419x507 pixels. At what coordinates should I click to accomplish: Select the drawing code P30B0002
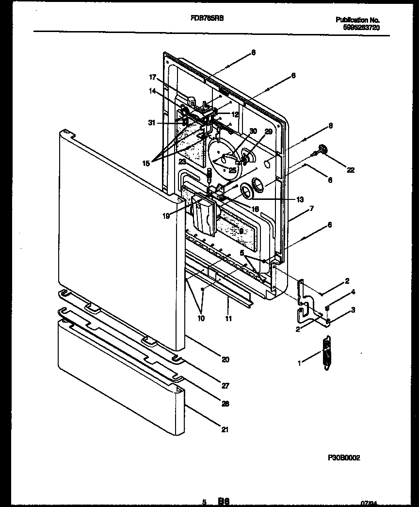[344, 457]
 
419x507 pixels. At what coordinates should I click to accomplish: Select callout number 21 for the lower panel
[225, 429]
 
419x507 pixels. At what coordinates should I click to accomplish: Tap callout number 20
[225, 360]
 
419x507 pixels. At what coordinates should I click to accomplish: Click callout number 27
[225, 386]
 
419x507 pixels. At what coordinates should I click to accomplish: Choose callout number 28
[225, 403]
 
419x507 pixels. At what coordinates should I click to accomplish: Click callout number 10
[201, 319]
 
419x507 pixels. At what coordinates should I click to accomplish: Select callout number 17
[152, 77]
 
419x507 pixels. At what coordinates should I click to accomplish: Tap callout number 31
[152, 123]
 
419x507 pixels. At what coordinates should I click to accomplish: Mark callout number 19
[166, 216]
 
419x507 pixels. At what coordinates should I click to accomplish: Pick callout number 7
[311, 208]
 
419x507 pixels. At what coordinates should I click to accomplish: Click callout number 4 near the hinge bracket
[353, 292]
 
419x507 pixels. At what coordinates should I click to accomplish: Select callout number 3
[353, 309]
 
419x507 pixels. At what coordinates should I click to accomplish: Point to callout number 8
[330, 125]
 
